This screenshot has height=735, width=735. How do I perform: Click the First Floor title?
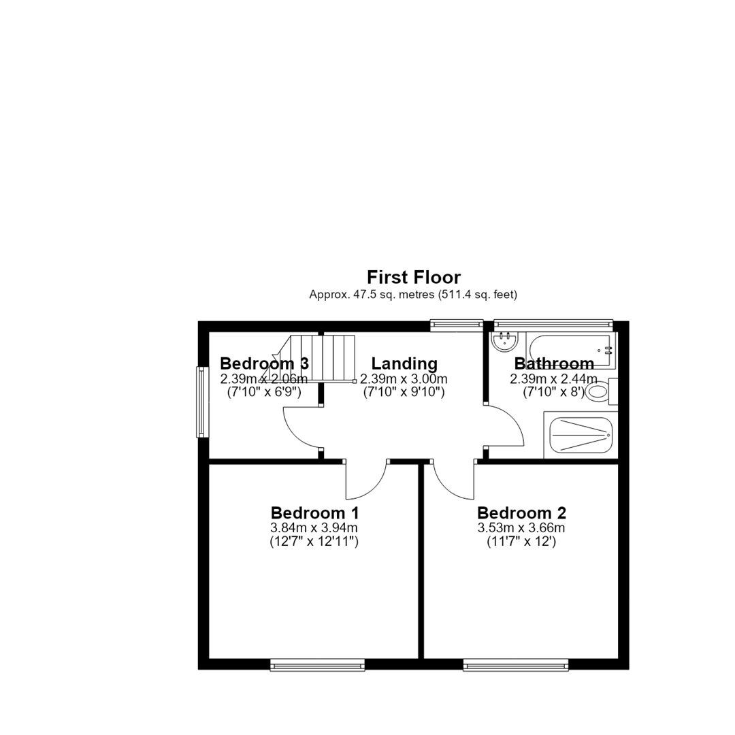414,278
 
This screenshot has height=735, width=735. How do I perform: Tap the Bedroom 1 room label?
315,513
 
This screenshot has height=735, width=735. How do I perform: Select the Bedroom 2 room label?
522,513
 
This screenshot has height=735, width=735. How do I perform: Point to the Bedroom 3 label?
264,363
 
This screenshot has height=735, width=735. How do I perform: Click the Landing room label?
404,363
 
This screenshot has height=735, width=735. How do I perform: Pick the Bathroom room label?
554,363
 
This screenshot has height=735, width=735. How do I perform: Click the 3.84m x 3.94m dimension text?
314,528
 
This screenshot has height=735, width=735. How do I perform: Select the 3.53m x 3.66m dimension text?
521,528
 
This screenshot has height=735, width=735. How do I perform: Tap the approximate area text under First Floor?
413,295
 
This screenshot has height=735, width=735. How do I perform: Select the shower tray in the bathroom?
581,435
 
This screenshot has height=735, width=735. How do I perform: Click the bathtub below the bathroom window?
570,350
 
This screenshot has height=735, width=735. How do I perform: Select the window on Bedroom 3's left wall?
203,402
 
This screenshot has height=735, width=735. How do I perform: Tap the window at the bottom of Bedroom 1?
318,665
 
